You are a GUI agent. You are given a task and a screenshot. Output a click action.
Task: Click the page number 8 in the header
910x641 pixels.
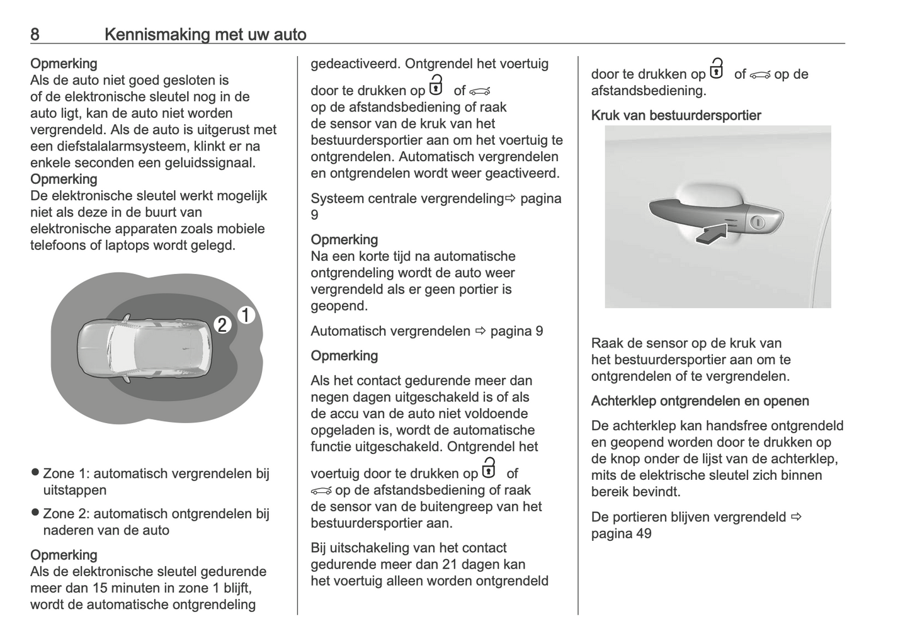tap(35, 34)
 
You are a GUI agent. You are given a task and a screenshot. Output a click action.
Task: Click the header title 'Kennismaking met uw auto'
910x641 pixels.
tap(205, 34)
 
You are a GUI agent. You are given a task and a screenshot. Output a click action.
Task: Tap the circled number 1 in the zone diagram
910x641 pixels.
tap(246, 315)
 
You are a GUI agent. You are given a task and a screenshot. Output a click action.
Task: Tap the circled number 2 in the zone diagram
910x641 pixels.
tap(222, 325)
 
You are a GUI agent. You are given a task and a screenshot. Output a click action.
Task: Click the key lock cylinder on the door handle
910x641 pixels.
tap(758, 222)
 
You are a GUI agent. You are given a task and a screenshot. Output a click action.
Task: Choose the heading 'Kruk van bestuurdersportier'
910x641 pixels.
tap(676, 116)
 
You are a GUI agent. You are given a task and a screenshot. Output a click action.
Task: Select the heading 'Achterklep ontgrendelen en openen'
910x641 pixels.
tap(700, 401)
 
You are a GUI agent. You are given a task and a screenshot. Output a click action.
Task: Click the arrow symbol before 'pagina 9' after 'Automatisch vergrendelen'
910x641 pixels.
tap(481, 331)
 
